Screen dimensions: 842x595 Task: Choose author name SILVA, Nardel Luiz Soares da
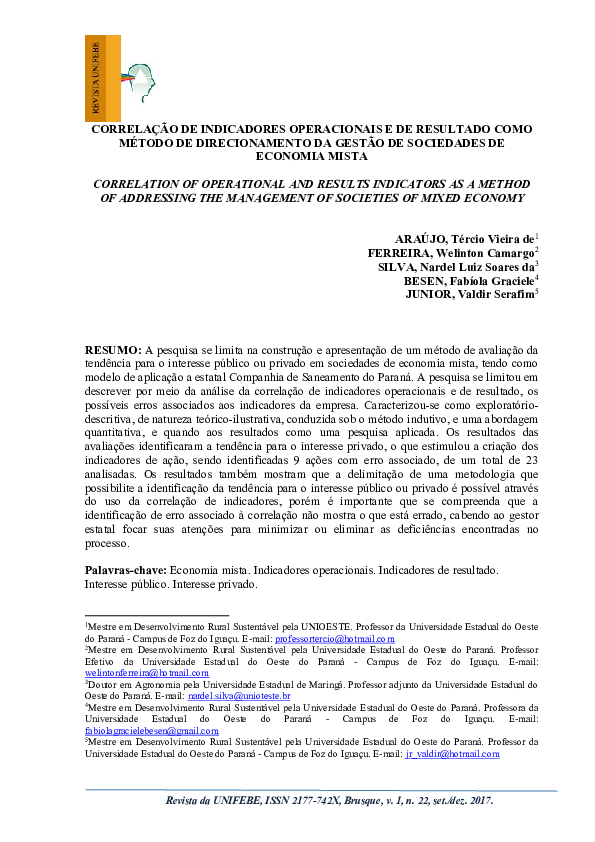[455, 267]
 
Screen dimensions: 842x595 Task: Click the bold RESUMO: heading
[113, 350]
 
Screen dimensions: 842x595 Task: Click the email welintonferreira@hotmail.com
[139, 673]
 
